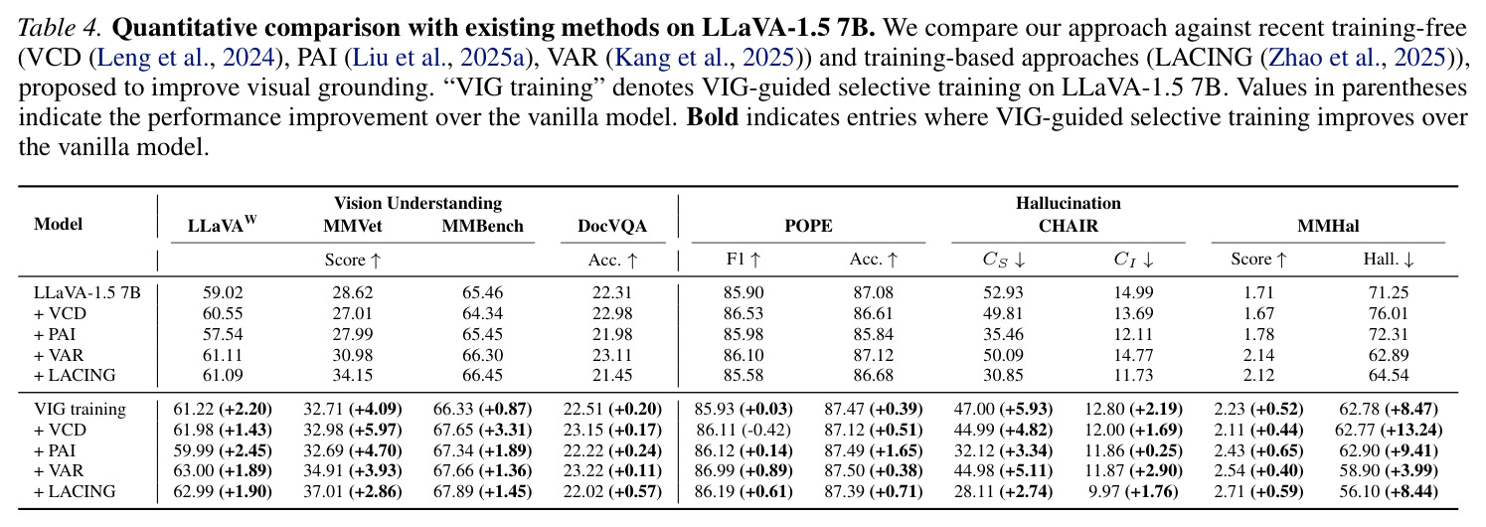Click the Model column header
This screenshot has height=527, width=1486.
click(59, 225)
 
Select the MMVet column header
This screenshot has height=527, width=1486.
click(352, 227)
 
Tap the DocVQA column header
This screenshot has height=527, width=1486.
click(611, 227)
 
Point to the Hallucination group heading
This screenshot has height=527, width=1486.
click(1069, 203)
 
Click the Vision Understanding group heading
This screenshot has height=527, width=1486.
click(417, 203)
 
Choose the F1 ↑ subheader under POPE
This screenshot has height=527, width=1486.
click(743, 260)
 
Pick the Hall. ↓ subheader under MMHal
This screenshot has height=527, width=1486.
click(1389, 260)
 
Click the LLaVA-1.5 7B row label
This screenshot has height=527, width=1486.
click(86, 292)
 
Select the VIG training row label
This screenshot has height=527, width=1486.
click(80, 410)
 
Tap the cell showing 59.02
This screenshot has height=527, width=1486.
click(223, 292)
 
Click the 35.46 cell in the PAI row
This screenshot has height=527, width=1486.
click(1003, 334)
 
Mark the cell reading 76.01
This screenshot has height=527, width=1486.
click(1389, 313)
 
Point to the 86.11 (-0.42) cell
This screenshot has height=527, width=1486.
click(743, 431)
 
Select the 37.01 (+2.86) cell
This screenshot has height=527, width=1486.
click(352, 492)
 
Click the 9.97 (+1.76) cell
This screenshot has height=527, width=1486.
click(1133, 492)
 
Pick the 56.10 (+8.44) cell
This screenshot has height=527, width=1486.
click(1389, 492)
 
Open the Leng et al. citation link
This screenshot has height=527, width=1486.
click(186, 58)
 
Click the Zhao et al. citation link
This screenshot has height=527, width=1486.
click(1358, 58)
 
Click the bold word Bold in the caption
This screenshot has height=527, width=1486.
click(713, 117)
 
